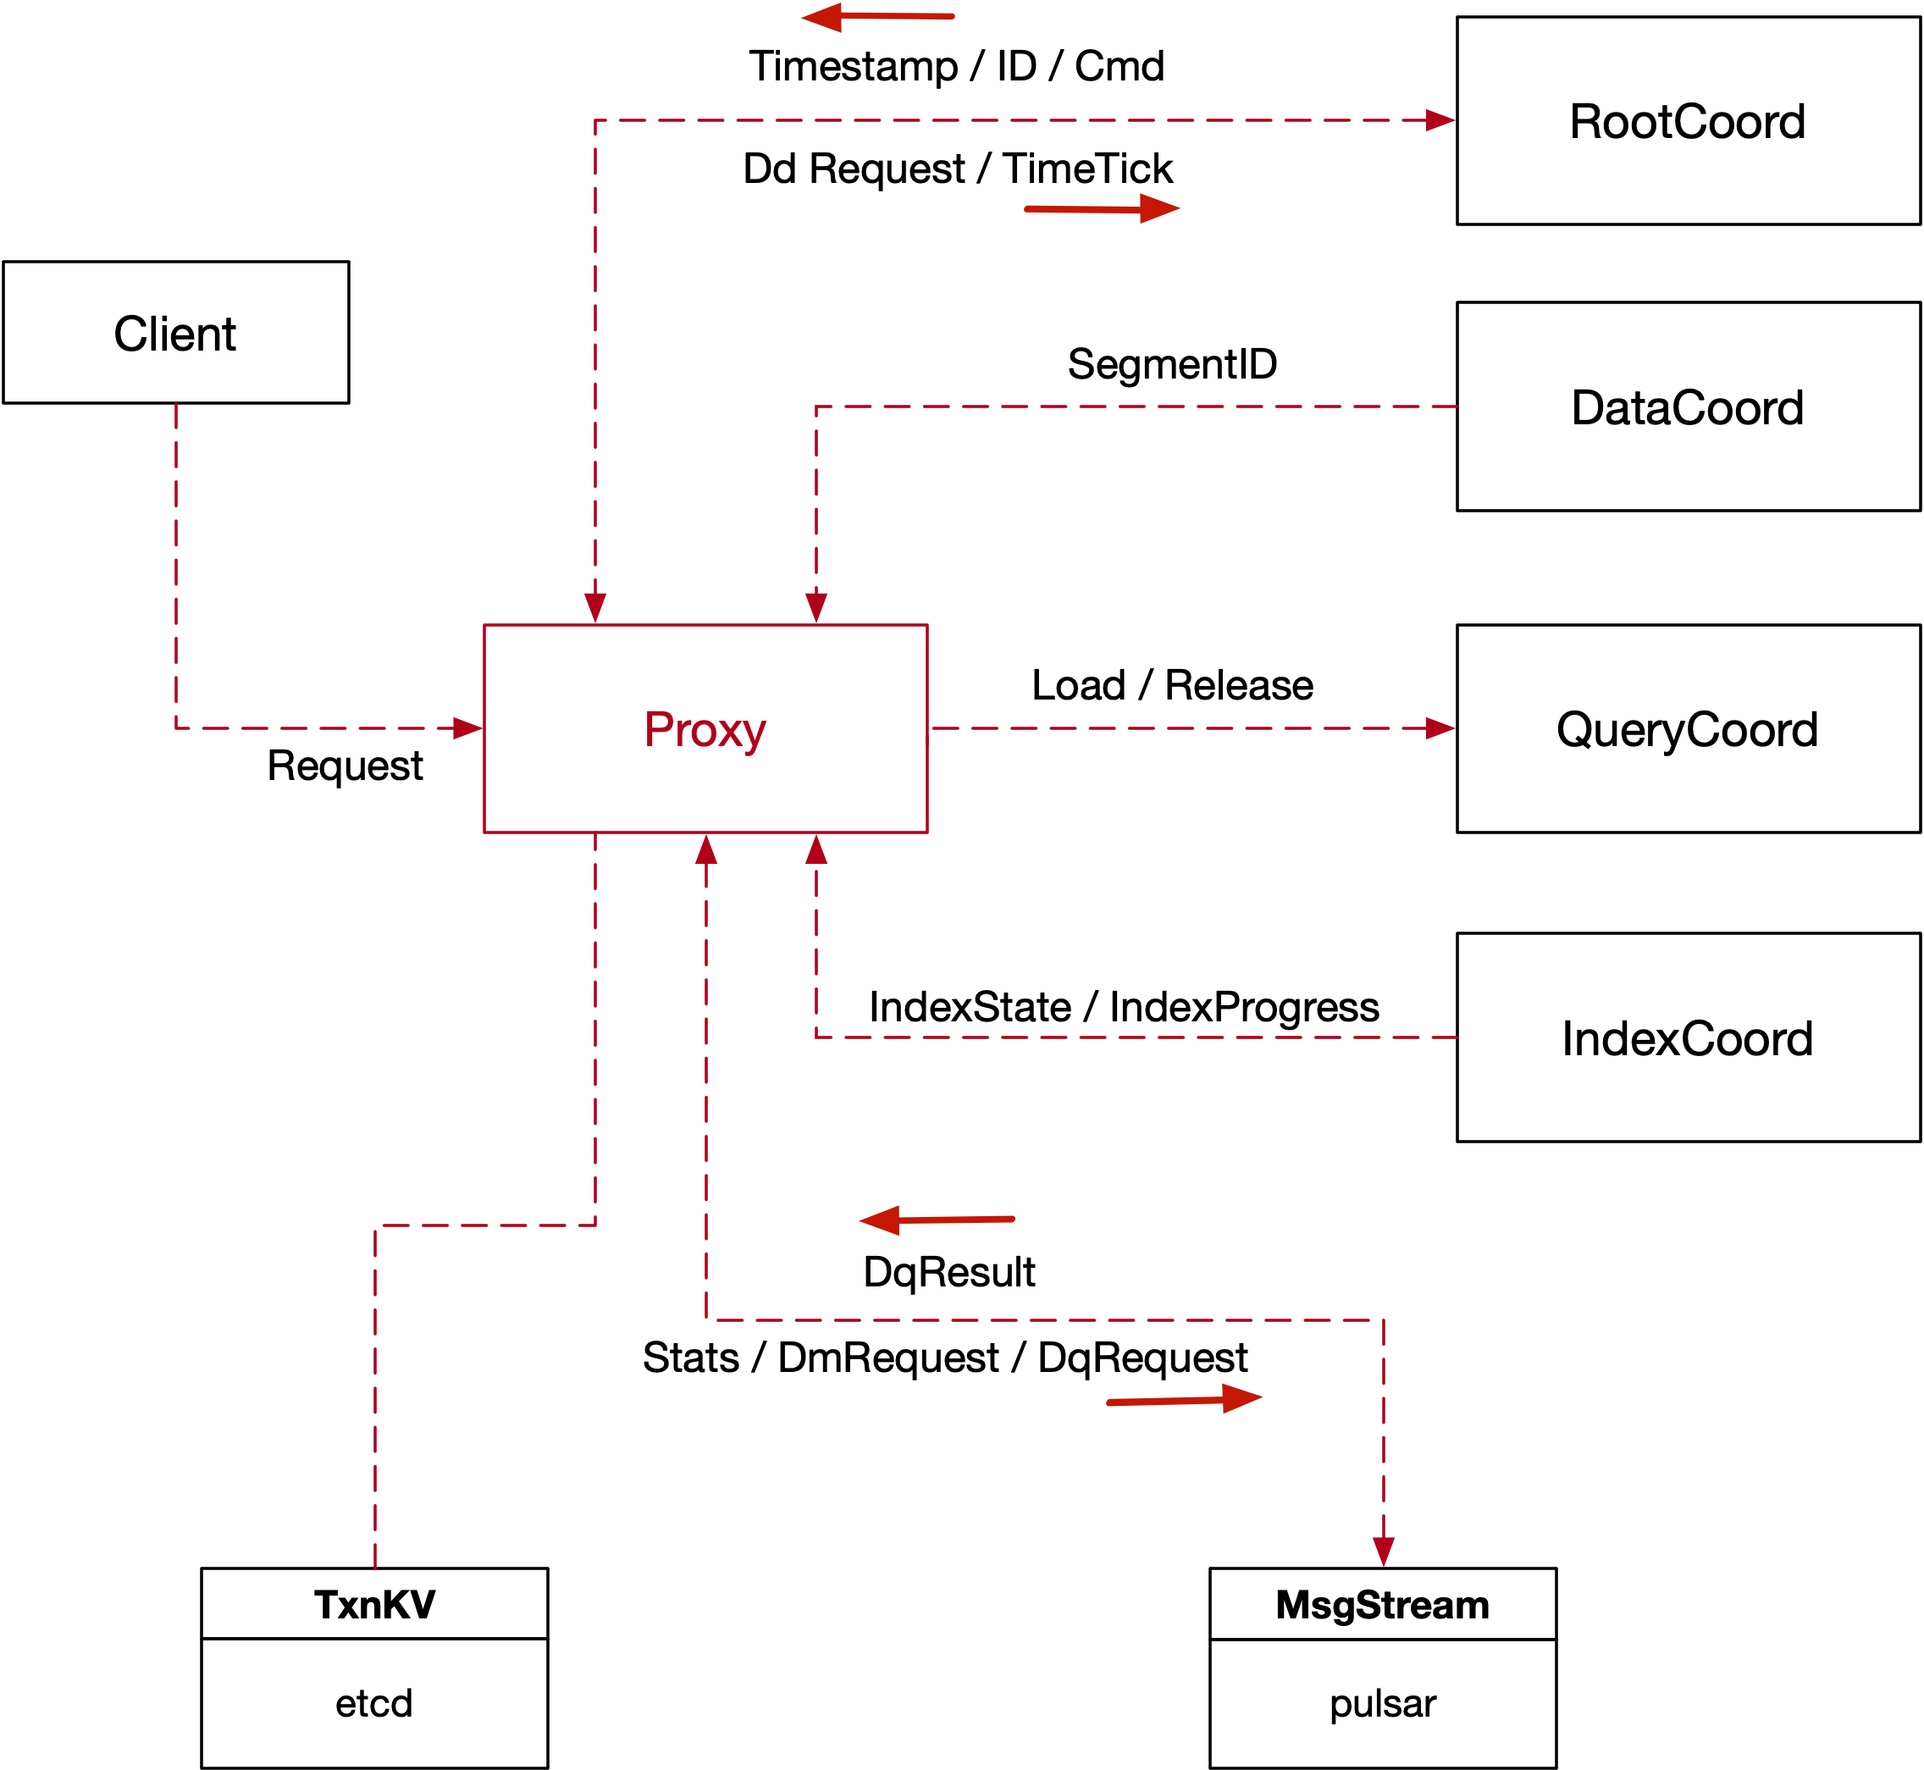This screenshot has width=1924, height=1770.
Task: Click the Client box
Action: pos(175,332)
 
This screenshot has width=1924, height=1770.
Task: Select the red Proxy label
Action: pos(705,730)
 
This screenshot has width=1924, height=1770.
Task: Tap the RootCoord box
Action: pos(1688,120)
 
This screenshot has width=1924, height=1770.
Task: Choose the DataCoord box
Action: pos(1688,407)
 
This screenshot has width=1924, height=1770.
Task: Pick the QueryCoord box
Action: pos(1688,729)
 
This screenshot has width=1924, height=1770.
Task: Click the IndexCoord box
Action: pos(1688,1038)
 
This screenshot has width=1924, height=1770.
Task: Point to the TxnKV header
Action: pos(374,1604)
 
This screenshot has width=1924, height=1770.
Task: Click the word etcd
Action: pos(373,1703)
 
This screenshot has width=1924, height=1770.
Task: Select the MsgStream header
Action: pos(1382,1604)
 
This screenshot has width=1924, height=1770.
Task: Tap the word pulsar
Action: pos(1382,1703)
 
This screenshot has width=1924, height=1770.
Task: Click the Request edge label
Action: pos(345,766)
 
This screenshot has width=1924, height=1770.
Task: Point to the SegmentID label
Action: pos(1172,364)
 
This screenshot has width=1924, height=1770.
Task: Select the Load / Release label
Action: pos(1172,685)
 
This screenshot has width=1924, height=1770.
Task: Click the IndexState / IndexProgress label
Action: pos(1124,1007)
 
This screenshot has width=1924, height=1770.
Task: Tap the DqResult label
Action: pos(948,1272)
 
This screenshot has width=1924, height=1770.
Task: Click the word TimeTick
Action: pos(1088,169)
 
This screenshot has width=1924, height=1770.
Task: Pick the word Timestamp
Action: pos(854,66)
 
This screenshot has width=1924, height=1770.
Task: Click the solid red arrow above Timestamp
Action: pos(877,16)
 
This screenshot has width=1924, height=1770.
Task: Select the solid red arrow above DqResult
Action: pos(937,1220)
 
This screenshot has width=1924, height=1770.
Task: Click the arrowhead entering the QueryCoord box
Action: pos(1440,728)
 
